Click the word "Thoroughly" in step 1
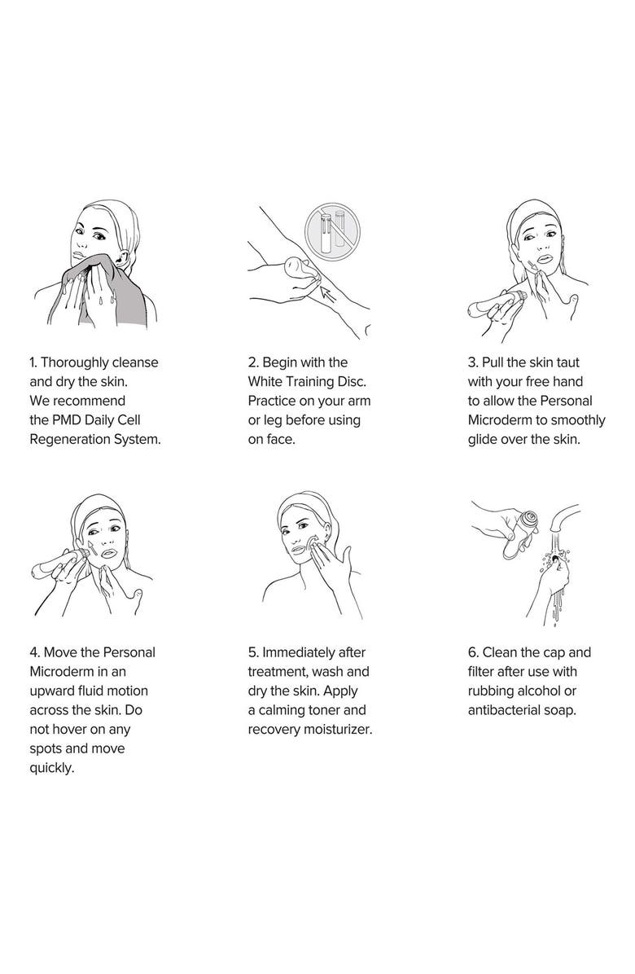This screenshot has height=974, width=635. (74, 362)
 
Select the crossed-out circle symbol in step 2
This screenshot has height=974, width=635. (333, 230)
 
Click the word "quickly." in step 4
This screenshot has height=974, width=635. (52, 769)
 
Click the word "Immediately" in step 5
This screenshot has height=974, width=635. (299, 652)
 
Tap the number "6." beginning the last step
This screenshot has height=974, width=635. (474, 652)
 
